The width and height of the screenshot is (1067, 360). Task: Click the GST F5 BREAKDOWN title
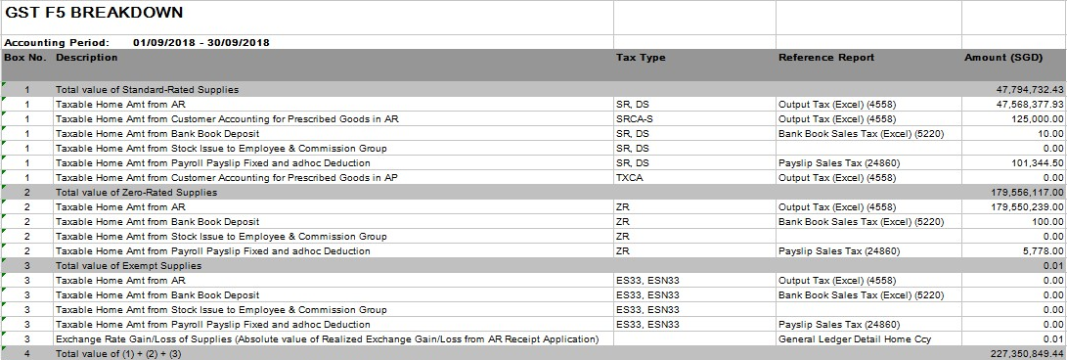click(94, 13)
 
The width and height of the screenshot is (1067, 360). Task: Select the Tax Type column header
click(641, 58)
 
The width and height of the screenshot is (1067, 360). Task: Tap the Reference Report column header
click(826, 58)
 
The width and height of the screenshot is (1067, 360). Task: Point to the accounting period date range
click(200, 43)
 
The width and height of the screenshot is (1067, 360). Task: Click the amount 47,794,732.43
click(1023, 90)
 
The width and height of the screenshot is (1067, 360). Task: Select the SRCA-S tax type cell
click(636, 119)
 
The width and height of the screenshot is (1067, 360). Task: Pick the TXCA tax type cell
click(630, 178)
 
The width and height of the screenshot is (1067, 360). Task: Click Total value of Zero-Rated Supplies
click(136, 193)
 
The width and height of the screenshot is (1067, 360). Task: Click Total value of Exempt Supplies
click(128, 266)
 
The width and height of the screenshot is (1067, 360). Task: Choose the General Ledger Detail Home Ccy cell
click(854, 339)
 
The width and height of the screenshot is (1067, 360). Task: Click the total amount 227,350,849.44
click(1020, 354)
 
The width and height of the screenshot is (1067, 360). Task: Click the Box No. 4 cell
click(27, 354)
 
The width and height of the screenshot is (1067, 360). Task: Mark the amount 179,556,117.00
click(1020, 193)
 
